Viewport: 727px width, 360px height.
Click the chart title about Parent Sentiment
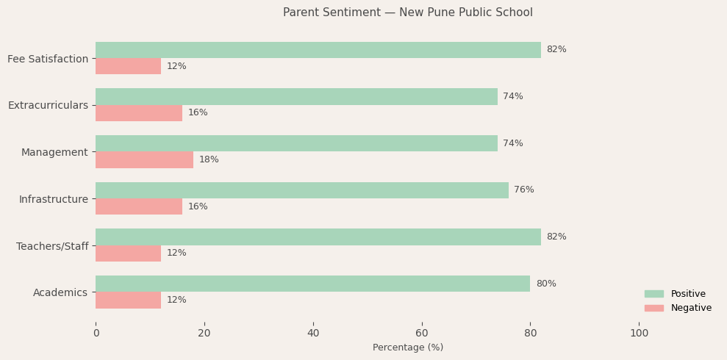(x=407, y=12)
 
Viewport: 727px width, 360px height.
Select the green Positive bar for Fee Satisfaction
(x=318, y=50)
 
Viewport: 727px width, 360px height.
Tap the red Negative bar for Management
(x=144, y=159)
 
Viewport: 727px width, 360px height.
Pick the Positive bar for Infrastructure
(x=301, y=190)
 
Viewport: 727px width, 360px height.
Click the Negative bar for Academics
(x=128, y=300)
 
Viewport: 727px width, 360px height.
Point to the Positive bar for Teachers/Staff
(x=318, y=237)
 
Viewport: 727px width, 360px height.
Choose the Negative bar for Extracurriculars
(x=139, y=113)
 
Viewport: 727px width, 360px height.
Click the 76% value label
(x=524, y=190)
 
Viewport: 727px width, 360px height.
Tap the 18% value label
(x=209, y=159)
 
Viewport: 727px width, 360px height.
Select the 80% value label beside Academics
(x=545, y=284)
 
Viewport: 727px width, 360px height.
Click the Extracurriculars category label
(x=48, y=105)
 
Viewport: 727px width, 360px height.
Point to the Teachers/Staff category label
(x=52, y=246)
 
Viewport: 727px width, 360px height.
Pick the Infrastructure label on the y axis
(x=54, y=199)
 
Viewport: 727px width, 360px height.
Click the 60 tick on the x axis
(x=422, y=333)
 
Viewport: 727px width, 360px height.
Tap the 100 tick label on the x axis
(x=639, y=333)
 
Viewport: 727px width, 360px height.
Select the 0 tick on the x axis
(x=96, y=333)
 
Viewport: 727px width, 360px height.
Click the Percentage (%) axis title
(x=407, y=348)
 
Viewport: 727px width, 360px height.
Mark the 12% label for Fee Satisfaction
(x=176, y=66)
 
